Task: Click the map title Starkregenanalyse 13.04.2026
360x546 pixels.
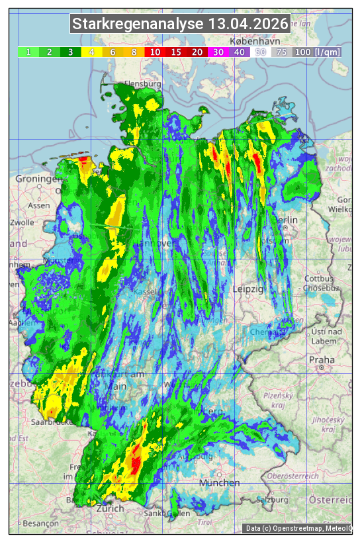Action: pyautogui.click(x=180, y=24)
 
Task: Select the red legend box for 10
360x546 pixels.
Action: pyautogui.click(x=155, y=52)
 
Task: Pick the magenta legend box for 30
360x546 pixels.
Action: pyautogui.click(x=218, y=52)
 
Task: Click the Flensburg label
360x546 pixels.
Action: pyautogui.click(x=143, y=85)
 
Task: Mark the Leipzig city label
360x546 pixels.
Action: pyautogui.click(x=249, y=289)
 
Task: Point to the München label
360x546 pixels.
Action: pyautogui.click(x=219, y=482)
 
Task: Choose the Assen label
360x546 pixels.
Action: pyautogui.click(x=39, y=205)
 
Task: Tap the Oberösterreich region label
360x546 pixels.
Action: pyautogui.click(x=294, y=475)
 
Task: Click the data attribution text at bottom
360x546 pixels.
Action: pyautogui.click(x=298, y=527)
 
